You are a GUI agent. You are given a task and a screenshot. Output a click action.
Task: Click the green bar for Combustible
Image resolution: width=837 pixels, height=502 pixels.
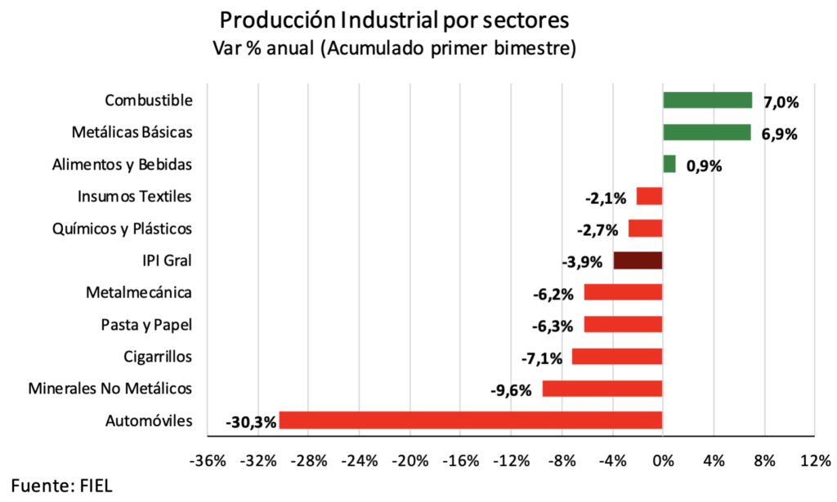[x=707, y=100]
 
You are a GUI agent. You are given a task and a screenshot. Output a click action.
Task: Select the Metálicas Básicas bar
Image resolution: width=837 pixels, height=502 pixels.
[x=706, y=132]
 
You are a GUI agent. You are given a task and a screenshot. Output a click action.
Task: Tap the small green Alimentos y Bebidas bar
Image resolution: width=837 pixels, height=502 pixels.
[x=669, y=164]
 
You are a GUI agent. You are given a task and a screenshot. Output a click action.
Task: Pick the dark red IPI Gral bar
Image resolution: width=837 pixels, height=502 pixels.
[x=638, y=260]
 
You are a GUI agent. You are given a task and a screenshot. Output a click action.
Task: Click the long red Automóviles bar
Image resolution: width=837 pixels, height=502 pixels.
[x=470, y=420]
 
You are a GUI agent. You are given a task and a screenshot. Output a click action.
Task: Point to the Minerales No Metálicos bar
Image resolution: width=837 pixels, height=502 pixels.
[x=602, y=389]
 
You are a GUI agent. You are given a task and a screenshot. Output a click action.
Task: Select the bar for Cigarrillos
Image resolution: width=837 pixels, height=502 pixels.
[x=617, y=357]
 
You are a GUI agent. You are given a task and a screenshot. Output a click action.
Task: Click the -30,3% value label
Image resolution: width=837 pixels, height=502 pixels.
[x=251, y=422]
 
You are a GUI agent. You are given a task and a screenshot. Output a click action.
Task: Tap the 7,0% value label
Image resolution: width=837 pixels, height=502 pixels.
[x=780, y=102]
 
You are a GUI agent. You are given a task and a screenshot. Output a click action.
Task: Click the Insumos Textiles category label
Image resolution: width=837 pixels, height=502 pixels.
[x=135, y=197]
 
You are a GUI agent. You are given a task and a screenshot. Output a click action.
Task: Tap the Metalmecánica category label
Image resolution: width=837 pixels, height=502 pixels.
[x=139, y=292]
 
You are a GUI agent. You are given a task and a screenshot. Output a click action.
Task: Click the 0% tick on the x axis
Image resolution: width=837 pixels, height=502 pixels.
[x=662, y=461]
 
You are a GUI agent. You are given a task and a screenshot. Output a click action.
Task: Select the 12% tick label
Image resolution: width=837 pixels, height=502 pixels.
[x=815, y=461]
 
